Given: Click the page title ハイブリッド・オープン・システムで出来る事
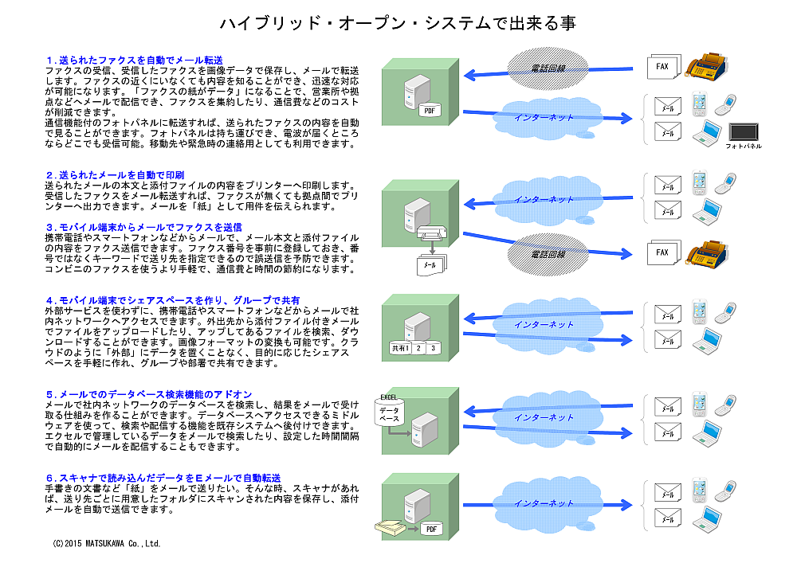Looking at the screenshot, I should [x=398, y=24].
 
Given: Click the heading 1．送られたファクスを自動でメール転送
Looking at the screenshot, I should [x=133, y=60].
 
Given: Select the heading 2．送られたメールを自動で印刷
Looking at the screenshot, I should [x=115, y=174].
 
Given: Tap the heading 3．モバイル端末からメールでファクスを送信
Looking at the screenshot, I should [x=143, y=227].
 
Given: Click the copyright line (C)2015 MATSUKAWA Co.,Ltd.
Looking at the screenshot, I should [x=107, y=544].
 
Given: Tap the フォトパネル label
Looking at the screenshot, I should [x=744, y=147].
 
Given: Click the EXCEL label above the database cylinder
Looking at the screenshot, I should [x=389, y=397].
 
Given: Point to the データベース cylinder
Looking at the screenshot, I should [x=389, y=415].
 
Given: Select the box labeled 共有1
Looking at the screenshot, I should [x=400, y=348].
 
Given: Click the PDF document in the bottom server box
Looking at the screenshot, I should [x=431, y=529].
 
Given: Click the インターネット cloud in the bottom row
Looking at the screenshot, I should [x=544, y=503].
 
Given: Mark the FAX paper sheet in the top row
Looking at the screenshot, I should [x=662, y=67].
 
